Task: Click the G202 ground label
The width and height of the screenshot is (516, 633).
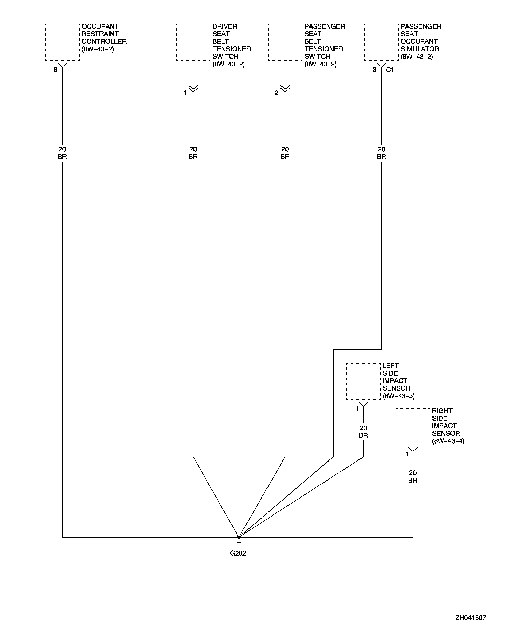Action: [238, 553]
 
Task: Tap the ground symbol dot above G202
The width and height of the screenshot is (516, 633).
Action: [239, 537]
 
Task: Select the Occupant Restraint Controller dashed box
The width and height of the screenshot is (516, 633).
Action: [62, 42]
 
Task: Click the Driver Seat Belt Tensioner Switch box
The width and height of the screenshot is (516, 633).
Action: [193, 42]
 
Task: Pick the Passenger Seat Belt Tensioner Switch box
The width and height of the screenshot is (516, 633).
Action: [285, 42]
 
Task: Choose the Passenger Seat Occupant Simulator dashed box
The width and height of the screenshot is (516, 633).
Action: [381, 42]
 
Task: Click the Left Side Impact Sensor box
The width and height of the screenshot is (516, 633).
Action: [363, 381]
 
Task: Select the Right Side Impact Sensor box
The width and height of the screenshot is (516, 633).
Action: [413, 427]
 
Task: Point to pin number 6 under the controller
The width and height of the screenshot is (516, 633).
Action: [55, 70]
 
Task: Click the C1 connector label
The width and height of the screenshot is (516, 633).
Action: [390, 70]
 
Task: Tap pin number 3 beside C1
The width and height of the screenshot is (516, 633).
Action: [374, 70]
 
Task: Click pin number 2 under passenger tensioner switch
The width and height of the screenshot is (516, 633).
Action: [276, 93]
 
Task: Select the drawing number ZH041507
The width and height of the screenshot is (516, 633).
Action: [471, 618]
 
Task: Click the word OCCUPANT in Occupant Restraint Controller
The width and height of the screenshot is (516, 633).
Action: [100, 26]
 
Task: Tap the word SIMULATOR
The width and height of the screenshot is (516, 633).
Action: [420, 49]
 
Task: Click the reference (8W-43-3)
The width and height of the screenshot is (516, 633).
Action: [399, 396]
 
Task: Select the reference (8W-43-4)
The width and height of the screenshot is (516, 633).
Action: [448, 441]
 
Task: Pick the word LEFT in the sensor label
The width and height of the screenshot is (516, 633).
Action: [390, 366]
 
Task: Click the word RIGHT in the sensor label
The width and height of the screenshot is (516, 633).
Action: [442, 411]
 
